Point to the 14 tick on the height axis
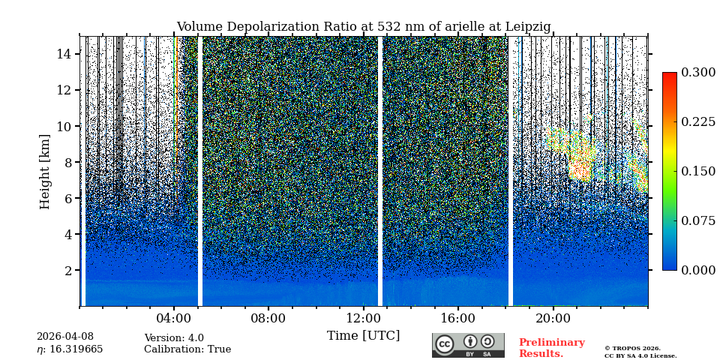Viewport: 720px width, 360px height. click(x=64, y=54)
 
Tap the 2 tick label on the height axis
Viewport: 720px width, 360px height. click(x=67, y=270)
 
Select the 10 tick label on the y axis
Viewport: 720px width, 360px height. click(x=64, y=126)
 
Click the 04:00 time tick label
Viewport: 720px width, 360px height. click(x=174, y=318)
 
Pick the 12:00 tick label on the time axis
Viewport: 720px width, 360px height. click(x=363, y=318)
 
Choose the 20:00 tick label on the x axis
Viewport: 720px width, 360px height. click(x=553, y=318)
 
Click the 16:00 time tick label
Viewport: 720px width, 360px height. click(x=457, y=318)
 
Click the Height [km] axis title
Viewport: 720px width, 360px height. click(x=45, y=171)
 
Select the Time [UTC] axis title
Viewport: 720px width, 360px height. click(x=363, y=335)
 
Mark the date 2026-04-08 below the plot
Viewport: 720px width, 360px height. click(x=65, y=337)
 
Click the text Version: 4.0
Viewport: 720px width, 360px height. click(x=174, y=338)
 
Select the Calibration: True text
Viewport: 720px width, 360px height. click(x=187, y=349)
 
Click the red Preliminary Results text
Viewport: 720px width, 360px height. click(x=551, y=348)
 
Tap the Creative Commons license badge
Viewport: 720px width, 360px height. click(x=468, y=345)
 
